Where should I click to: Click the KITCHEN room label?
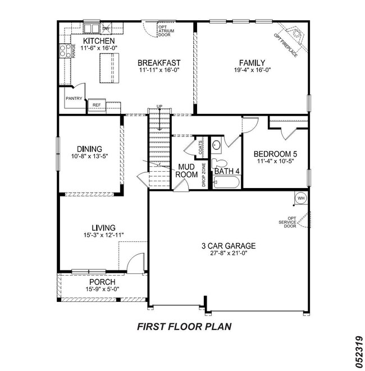(x=99, y=42)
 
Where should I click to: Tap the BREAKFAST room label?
(x=159, y=62)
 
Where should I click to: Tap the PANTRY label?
(x=74, y=99)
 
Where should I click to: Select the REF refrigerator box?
(x=97, y=105)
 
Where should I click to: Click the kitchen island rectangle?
(x=110, y=72)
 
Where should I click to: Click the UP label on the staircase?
(x=159, y=107)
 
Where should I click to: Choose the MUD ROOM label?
(x=187, y=171)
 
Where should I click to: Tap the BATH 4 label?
(x=227, y=171)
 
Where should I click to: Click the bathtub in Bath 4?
(x=226, y=182)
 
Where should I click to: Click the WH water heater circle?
(x=300, y=198)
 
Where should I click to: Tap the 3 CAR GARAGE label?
(x=229, y=245)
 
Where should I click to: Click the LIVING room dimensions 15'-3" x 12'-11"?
(x=103, y=235)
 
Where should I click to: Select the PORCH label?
(x=101, y=282)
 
